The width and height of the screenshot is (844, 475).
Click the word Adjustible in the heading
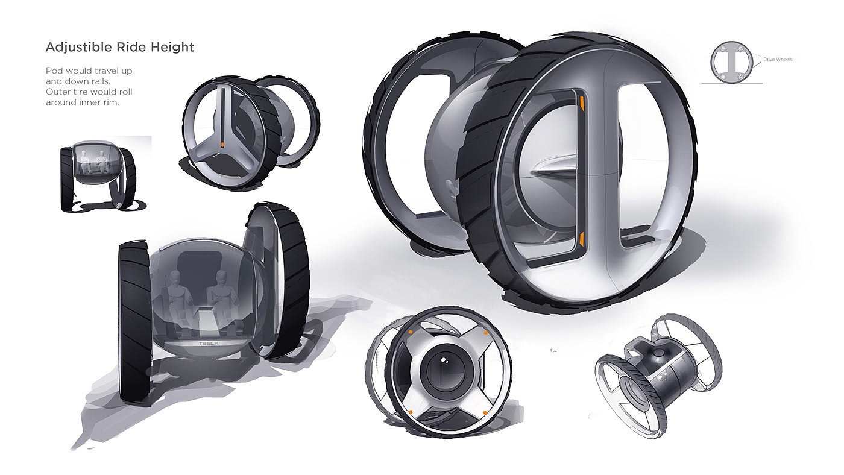[x=79, y=48]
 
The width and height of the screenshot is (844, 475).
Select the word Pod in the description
[x=53, y=71]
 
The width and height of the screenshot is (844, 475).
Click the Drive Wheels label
[x=778, y=60]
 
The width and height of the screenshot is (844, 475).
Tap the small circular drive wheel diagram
[x=731, y=63]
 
